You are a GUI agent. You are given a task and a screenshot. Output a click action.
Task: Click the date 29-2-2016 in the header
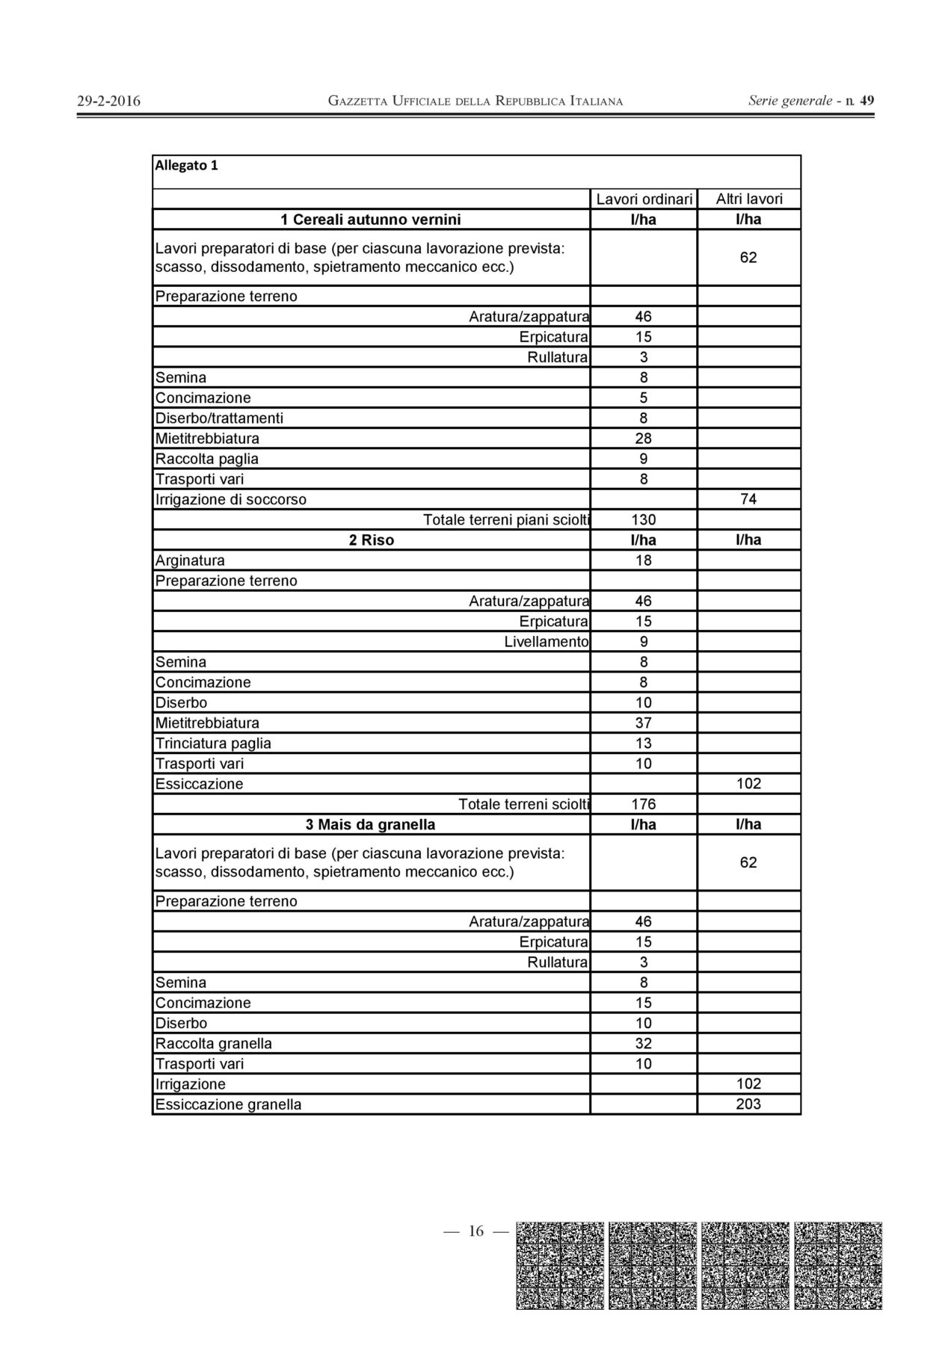pyautogui.click(x=108, y=101)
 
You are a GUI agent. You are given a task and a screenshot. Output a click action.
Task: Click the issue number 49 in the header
pyautogui.click(x=867, y=100)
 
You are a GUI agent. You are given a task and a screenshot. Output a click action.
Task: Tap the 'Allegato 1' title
pyautogui.click(x=186, y=166)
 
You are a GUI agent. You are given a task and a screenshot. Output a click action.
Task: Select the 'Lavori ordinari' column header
pyautogui.click(x=644, y=200)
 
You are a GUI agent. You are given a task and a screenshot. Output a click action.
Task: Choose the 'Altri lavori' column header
pyautogui.click(x=748, y=199)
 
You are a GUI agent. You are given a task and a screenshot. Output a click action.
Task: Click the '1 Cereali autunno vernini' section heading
pyautogui.click(x=371, y=220)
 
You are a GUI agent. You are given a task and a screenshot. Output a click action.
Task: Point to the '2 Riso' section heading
pyautogui.click(x=371, y=540)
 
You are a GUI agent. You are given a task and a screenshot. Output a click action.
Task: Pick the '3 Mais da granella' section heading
pyautogui.click(x=371, y=825)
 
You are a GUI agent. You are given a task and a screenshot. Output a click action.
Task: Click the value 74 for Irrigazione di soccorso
pyautogui.click(x=748, y=500)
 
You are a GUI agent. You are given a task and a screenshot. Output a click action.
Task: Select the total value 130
pyautogui.click(x=644, y=520)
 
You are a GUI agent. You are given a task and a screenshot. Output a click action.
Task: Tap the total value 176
pyautogui.click(x=644, y=805)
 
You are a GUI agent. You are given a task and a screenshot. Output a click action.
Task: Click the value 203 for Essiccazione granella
pyautogui.click(x=748, y=1104)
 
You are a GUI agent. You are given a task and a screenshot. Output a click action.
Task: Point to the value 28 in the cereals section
pyautogui.click(x=644, y=439)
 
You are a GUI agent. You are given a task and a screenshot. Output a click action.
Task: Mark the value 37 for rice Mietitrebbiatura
pyautogui.click(x=644, y=723)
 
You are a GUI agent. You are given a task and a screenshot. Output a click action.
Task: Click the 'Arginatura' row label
pyautogui.click(x=190, y=560)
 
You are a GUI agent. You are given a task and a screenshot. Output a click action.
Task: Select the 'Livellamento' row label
pyautogui.click(x=546, y=642)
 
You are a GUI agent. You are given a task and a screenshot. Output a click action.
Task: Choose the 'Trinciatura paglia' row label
pyautogui.click(x=213, y=743)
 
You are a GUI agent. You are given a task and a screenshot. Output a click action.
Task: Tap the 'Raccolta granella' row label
pyautogui.click(x=213, y=1044)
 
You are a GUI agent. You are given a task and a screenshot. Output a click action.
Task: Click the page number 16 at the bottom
pyautogui.click(x=476, y=1231)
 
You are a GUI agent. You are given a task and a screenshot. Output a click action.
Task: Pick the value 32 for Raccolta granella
pyautogui.click(x=644, y=1044)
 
